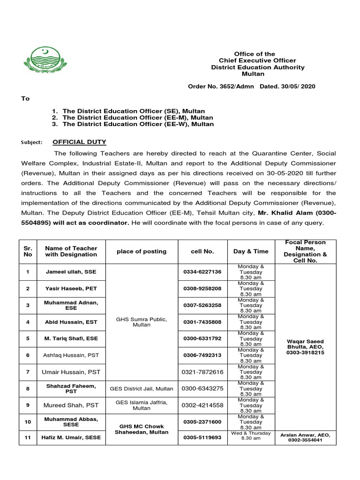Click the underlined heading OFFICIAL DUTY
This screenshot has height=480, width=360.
coord(79,142)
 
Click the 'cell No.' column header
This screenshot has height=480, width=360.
coord(202,251)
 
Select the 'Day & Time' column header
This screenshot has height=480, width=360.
coord(251,251)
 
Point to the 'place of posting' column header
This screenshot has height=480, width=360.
coord(142,251)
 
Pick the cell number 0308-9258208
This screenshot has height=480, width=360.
coord(202,289)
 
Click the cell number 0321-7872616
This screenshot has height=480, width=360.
coord(202,372)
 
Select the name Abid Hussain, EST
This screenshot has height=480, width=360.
coord(71,322)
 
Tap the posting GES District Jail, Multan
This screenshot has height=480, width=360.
coord(142,389)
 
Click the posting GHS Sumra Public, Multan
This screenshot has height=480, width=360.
coord(142,322)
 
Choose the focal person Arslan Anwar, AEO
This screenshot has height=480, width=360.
coord(305,435)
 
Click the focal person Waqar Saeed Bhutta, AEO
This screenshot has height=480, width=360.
coord(305,346)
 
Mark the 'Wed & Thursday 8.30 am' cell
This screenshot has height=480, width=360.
coord(251,435)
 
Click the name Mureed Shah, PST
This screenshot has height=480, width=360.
coord(71,405)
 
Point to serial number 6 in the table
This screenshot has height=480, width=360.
coord(28,355)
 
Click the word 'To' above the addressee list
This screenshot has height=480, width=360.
coord(25,98)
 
